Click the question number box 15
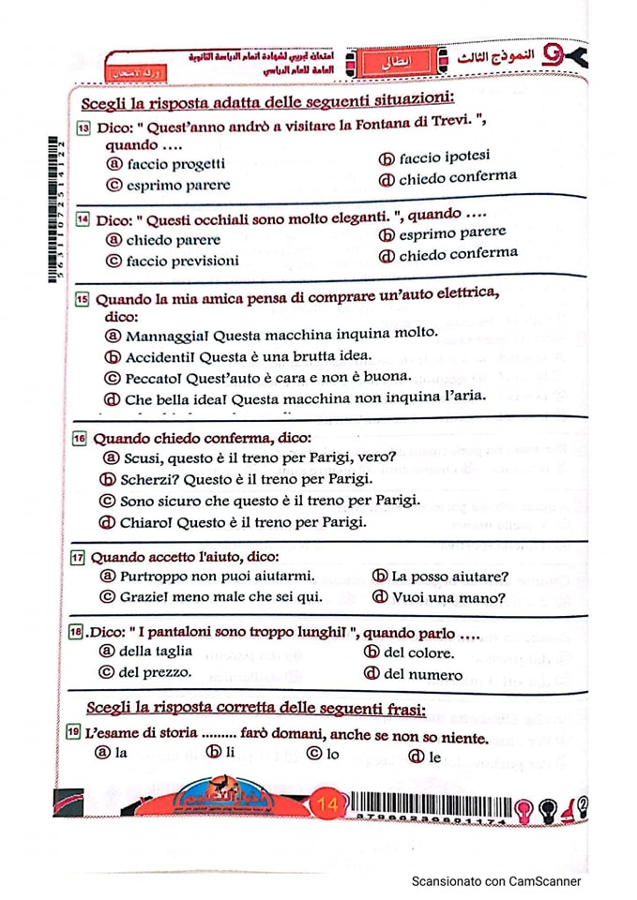click(83, 299)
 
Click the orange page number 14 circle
click(328, 803)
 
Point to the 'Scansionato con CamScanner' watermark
click(496, 881)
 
